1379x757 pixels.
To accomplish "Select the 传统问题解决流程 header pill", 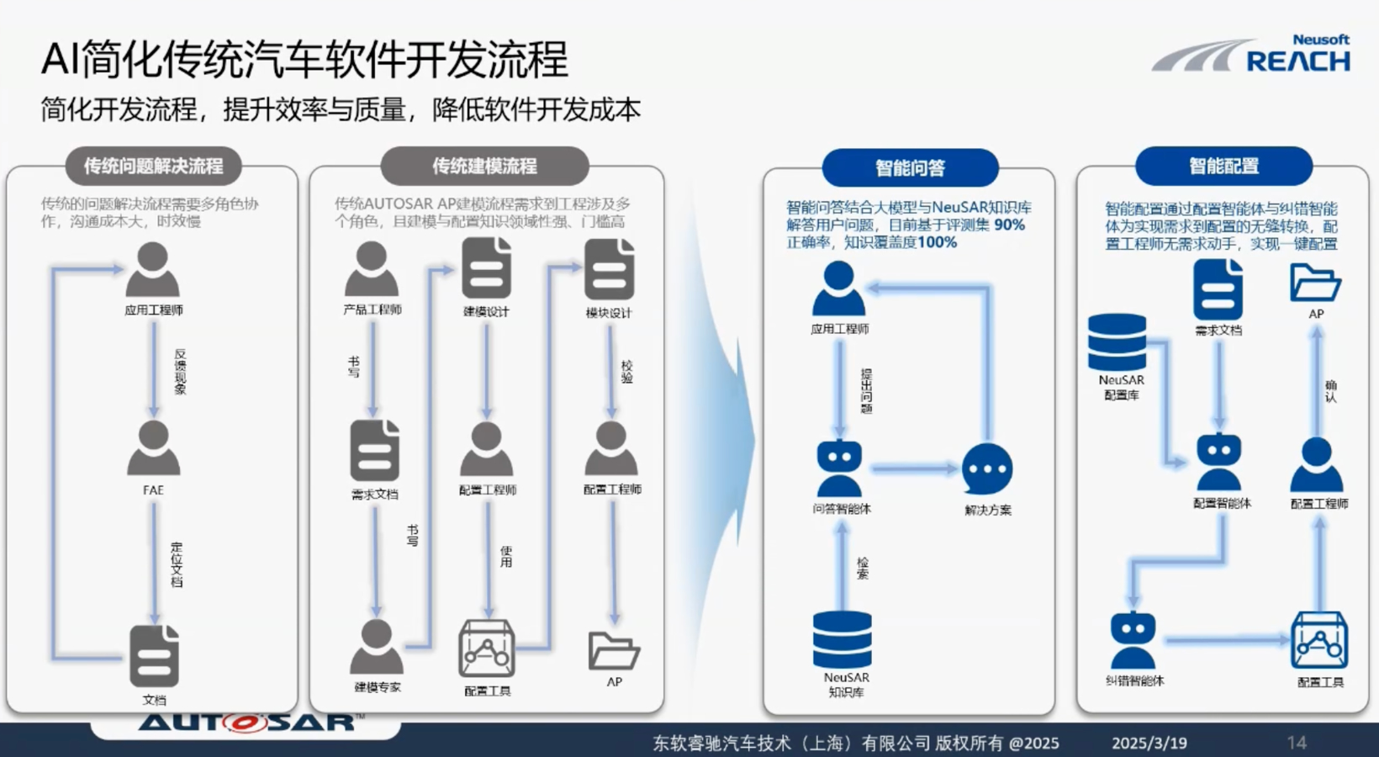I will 154,166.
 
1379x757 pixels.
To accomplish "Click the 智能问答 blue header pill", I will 910,167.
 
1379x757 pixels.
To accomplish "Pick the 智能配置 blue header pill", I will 1223,166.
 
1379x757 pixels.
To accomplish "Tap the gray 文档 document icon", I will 154,656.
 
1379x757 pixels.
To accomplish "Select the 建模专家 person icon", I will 376,647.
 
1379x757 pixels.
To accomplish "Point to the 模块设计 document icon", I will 609,269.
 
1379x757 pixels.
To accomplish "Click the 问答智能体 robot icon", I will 839,468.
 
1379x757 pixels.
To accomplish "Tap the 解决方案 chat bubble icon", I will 987,468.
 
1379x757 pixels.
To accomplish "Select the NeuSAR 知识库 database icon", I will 843,639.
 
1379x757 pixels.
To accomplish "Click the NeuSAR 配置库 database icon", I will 1117,342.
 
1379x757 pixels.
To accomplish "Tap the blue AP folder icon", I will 1314,283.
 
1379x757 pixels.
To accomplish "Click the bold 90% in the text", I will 1009,225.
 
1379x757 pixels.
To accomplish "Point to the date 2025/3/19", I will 1149,743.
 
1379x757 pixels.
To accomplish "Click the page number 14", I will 1297,743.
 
